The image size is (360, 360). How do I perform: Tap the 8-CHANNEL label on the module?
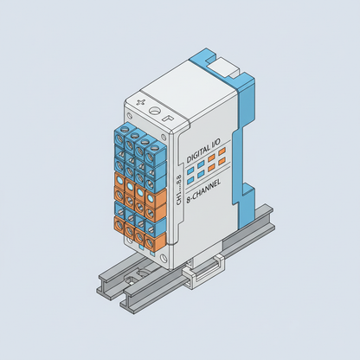205,194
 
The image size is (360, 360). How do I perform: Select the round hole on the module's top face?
156,110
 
